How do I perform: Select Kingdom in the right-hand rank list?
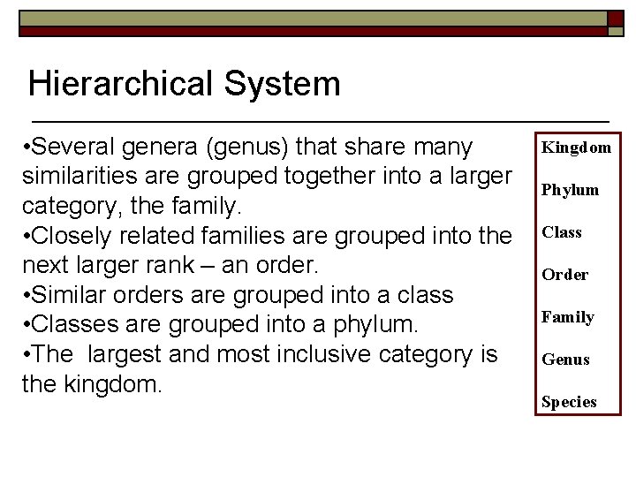(x=576, y=148)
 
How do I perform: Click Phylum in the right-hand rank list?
(x=570, y=190)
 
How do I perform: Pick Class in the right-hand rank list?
(x=562, y=232)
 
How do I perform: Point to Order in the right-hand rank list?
(x=564, y=275)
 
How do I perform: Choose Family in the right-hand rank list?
(x=568, y=317)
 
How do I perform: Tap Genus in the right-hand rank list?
(x=565, y=360)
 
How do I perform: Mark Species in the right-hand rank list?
(x=569, y=402)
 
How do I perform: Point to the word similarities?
(x=80, y=176)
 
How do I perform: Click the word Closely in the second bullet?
(x=73, y=236)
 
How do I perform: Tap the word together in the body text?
(x=330, y=176)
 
